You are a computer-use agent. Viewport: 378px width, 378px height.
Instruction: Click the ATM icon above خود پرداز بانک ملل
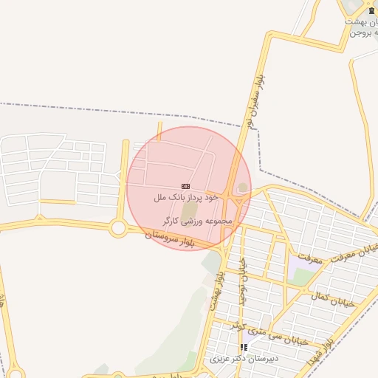pos(185,187)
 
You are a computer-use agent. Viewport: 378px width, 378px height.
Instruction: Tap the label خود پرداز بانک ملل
pos(187,198)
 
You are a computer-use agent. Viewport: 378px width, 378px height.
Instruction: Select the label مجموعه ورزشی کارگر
pos(198,221)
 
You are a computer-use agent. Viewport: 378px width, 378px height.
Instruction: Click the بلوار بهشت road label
pos(215,289)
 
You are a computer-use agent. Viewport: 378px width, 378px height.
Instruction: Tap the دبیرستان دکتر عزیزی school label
pos(244,360)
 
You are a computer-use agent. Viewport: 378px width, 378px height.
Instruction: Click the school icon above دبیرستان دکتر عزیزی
pos(244,347)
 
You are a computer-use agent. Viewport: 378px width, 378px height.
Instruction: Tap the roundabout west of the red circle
pos(118,228)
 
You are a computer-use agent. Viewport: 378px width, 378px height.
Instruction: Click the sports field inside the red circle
pos(190,211)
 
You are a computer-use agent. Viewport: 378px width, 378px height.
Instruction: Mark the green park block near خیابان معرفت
pos(302,276)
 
